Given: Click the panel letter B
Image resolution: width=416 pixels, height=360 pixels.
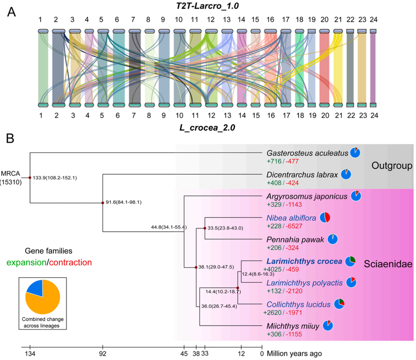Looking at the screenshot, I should (x=9, y=138).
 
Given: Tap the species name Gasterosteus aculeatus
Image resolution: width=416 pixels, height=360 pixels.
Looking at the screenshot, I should (x=308, y=152).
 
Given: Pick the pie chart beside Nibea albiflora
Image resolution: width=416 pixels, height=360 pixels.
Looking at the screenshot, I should (x=324, y=218).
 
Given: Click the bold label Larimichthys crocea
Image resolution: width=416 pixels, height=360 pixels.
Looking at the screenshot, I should (x=304, y=261).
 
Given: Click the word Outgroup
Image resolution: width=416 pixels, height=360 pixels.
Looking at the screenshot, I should (x=391, y=166).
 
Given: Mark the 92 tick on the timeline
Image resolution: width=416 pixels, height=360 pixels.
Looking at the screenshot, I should (x=103, y=353).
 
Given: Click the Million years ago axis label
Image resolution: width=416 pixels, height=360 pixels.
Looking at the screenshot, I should (x=293, y=353).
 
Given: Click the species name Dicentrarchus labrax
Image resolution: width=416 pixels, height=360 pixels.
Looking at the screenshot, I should (x=302, y=175).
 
